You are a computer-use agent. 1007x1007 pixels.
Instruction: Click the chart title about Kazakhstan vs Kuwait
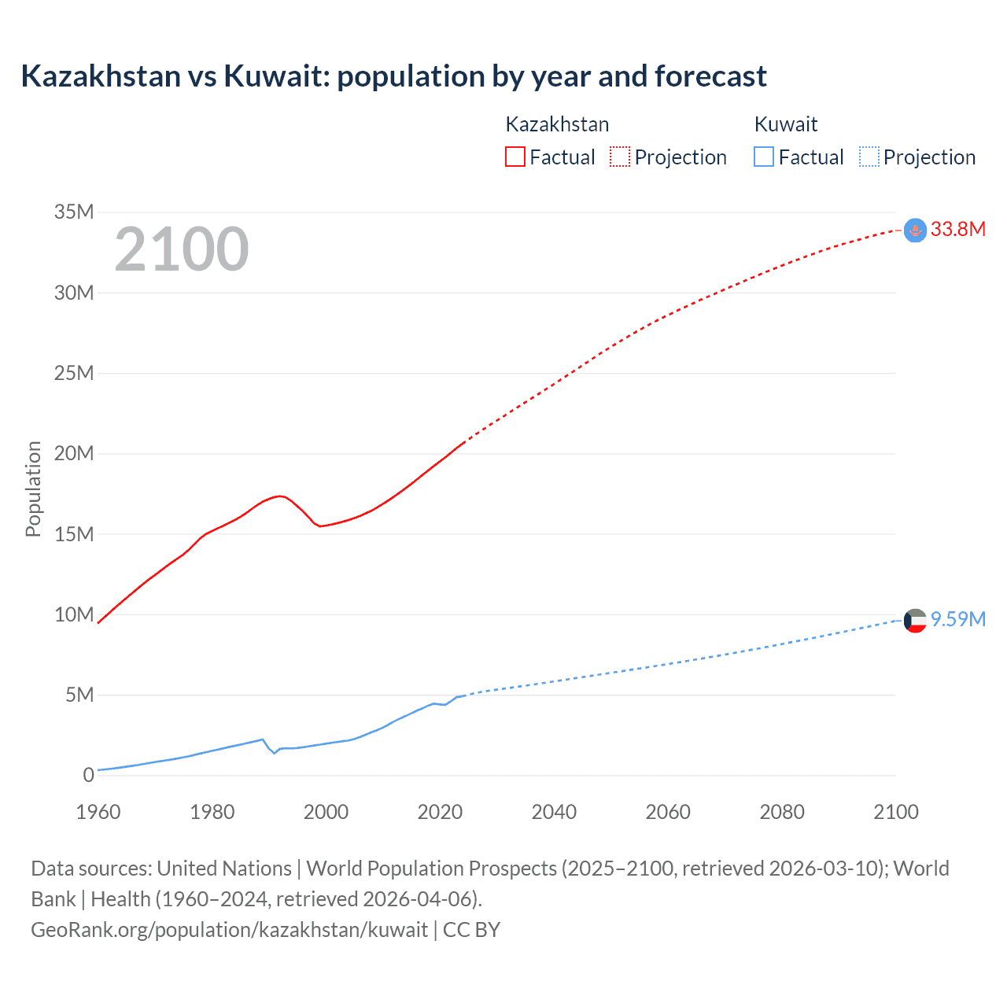pyautogui.click(x=393, y=76)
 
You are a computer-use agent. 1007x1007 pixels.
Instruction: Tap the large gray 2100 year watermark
pyautogui.click(x=182, y=249)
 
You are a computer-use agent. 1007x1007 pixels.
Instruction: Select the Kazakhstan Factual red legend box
pyautogui.click(x=515, y=157)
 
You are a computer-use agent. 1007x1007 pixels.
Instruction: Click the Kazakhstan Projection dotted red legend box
pyautogui.click(x=620, y=157)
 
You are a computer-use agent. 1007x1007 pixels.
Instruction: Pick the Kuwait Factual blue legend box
pyautogui.click(x=763, y=157)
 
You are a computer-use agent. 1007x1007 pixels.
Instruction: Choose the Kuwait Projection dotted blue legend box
pyautogui.click(x=869, y=157)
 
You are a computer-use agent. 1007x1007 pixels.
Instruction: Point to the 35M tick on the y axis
pyautogui.click(x=74, y=212)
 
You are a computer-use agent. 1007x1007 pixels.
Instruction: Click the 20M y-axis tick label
pyautogui.click(x=74, y=453)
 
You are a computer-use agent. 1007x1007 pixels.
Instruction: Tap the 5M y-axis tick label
pyautogui.click(x=79, y=695)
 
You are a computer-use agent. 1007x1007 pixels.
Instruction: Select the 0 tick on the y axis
pyautogui.click(x=88, y=775)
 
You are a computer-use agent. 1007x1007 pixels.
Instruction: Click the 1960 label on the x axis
pyautogui.click(x=98, y=812)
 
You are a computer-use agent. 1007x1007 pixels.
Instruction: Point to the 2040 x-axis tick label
pyautogui.click(x=554, y=812)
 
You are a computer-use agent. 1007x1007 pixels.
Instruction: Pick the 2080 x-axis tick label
pyautogui.click(x=782, y=812)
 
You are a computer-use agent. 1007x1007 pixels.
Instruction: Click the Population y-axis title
pyautogui.click(x=33, y=489)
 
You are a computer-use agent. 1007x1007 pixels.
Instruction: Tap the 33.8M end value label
pyautogui.click(x=957, y=229)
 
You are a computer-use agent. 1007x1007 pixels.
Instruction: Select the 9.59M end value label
pyautogui.click(x=957, y=619)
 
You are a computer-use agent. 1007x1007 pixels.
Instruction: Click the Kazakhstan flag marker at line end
pyautogui.click(x=915, y=231)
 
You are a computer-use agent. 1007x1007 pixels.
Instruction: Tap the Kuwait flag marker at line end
pyautogui.click(x=915, y=621)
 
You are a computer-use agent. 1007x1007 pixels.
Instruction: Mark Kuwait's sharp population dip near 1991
pyautogui.click(x=275, y=753)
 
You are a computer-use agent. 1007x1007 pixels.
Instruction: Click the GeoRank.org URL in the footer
pyautogui.click(x=229, y=929)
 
